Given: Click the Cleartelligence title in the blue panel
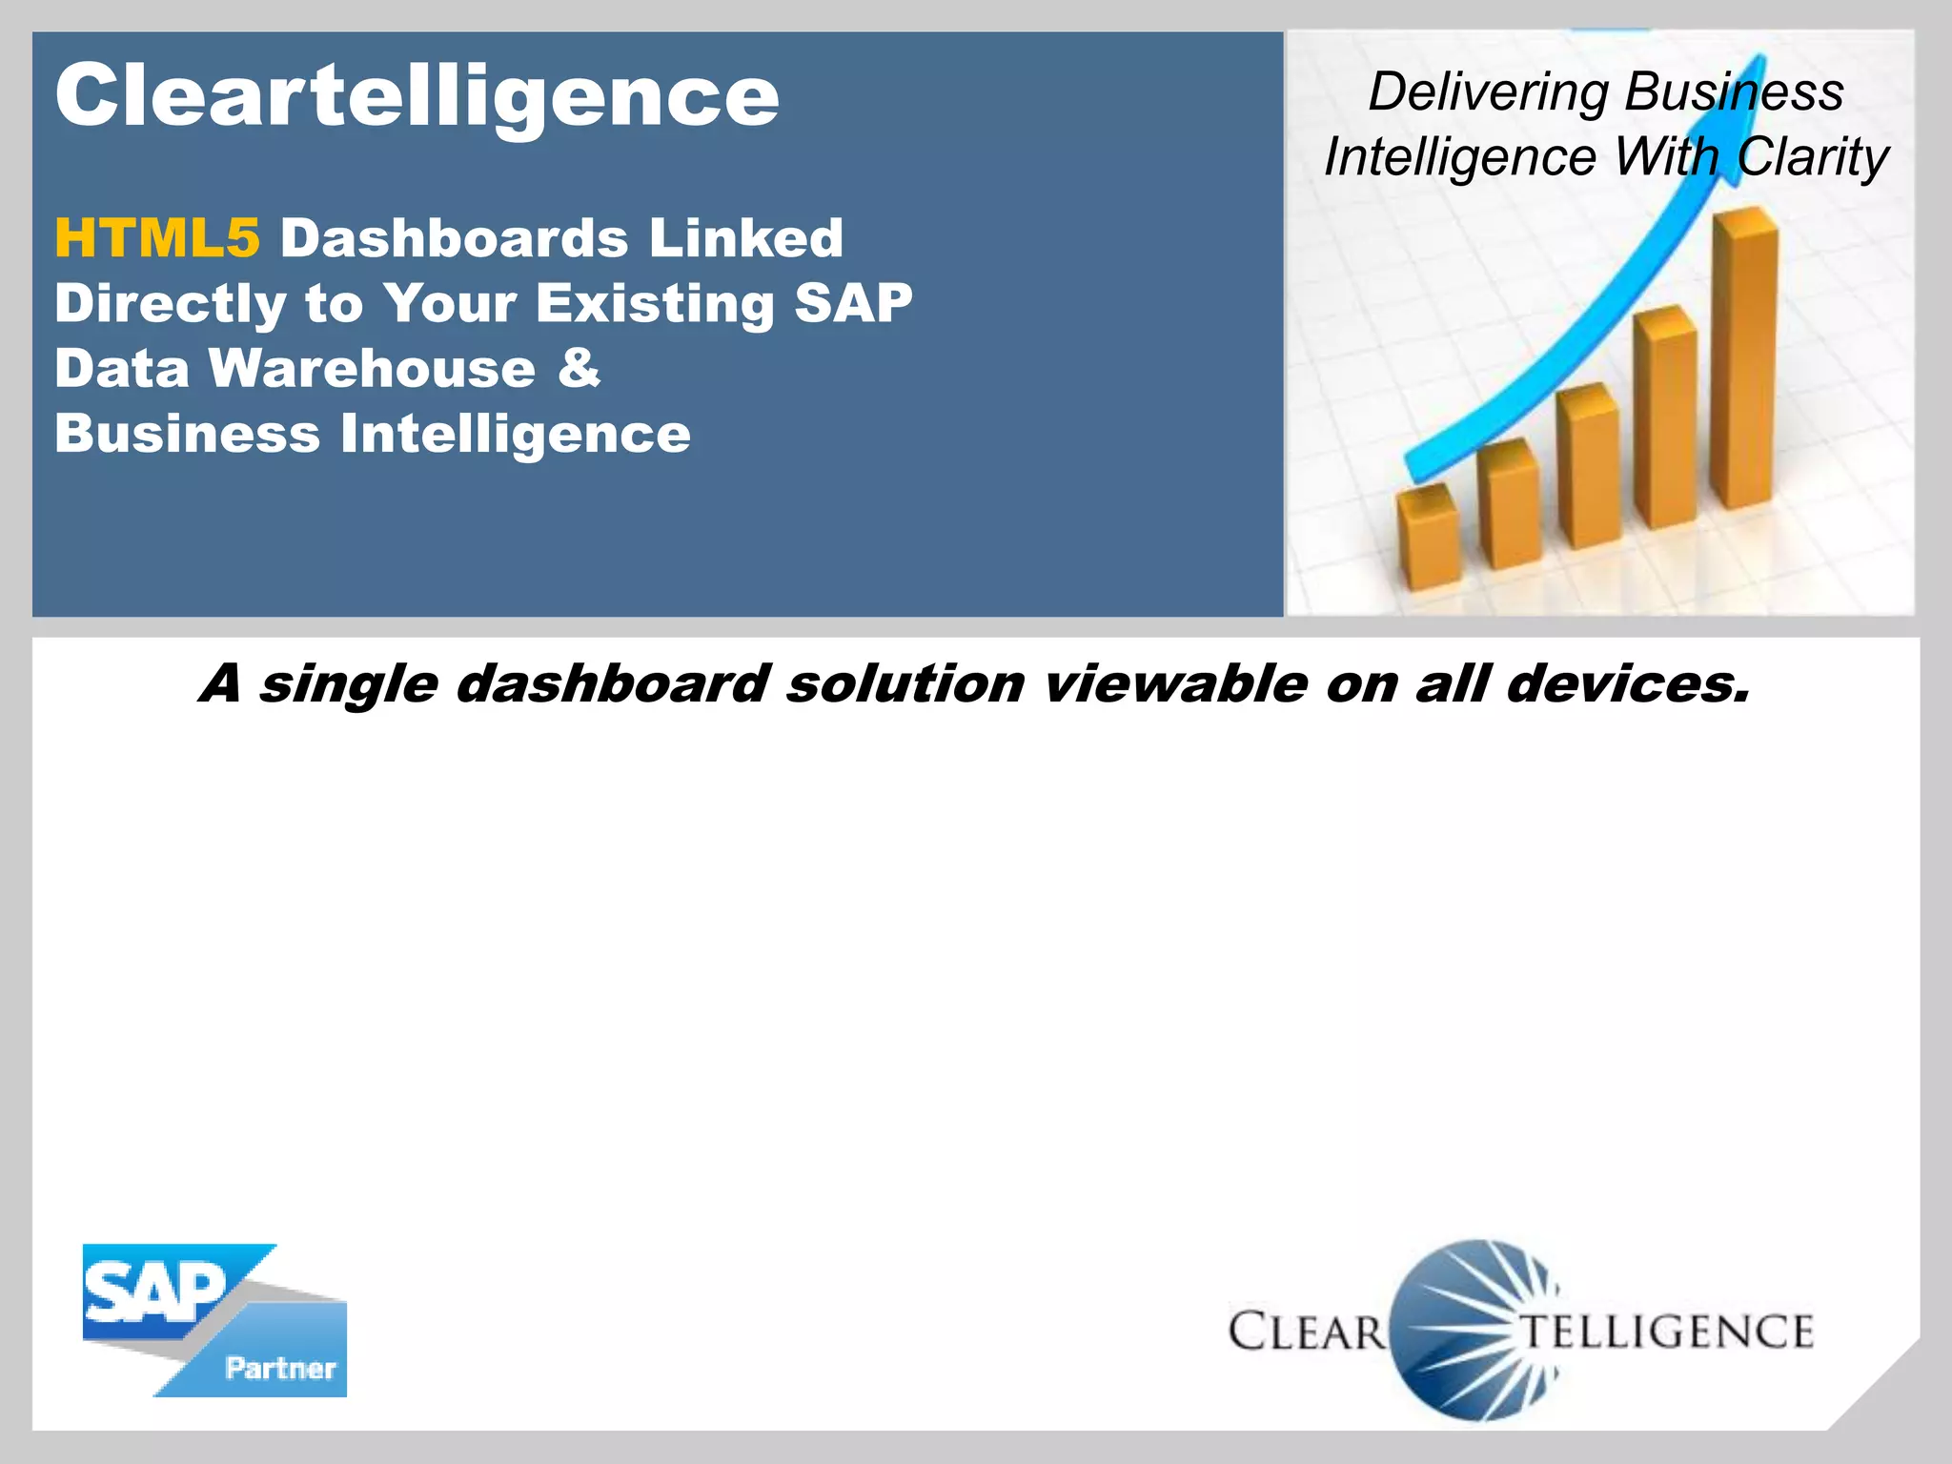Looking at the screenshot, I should [417, 95].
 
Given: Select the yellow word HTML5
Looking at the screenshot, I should [156, 237].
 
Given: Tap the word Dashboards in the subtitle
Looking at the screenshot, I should [454, 237].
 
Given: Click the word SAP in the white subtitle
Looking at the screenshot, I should [853, 303].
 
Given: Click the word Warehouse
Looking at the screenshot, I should [372, 368].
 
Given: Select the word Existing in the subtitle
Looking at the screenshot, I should [655, 303].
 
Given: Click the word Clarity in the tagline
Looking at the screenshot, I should [1812, 157].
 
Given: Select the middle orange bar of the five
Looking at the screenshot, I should [1589, 467].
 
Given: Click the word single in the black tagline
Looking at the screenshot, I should [348, 684].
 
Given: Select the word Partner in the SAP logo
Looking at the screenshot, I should [280, 1369].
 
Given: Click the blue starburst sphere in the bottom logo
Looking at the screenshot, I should [1473, 1330].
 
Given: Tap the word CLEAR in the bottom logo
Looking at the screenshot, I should [1306, 1332].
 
